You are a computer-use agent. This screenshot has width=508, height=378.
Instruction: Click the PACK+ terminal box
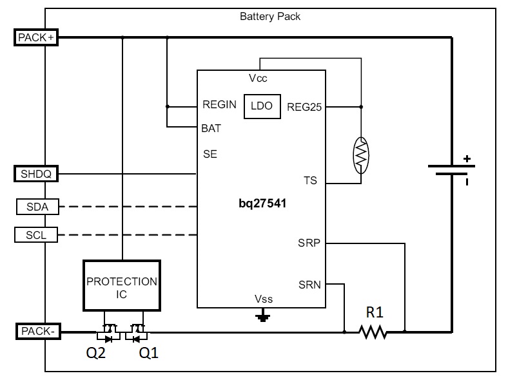pyautogui.click(x=36, y=37)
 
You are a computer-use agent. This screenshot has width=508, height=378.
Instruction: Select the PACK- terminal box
pyautogui.click(x=36, y=332)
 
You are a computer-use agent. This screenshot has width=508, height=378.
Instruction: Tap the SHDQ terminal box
pyautogui.click(x=36, y=174)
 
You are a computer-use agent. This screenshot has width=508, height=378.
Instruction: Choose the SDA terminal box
pyautogui.click(x=36, y=207)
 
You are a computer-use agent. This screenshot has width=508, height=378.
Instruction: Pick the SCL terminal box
pyautogui.click(x=36, y=235)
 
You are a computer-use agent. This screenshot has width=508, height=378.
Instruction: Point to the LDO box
pyautogui.click(x=262, y=106)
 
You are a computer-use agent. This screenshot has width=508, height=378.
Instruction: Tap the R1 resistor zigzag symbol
pyautogui.click(x=373, y=332)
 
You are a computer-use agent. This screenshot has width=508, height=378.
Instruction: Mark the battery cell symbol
pyautogui.click(x=451, y=171)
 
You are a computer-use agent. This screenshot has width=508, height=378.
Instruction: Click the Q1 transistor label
pyautogui.click(x=148, y=353)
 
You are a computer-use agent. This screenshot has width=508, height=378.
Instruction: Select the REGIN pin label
pyautogui.click(x=219, y=104)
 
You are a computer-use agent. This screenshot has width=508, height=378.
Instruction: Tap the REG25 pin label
pyautogui.click(x=304, y=107)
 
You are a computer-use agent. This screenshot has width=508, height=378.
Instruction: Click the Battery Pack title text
pyautogui.click(x=270, y=16)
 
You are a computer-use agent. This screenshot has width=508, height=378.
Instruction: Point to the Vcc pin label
pyautogui.click(x=258, y=79)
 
